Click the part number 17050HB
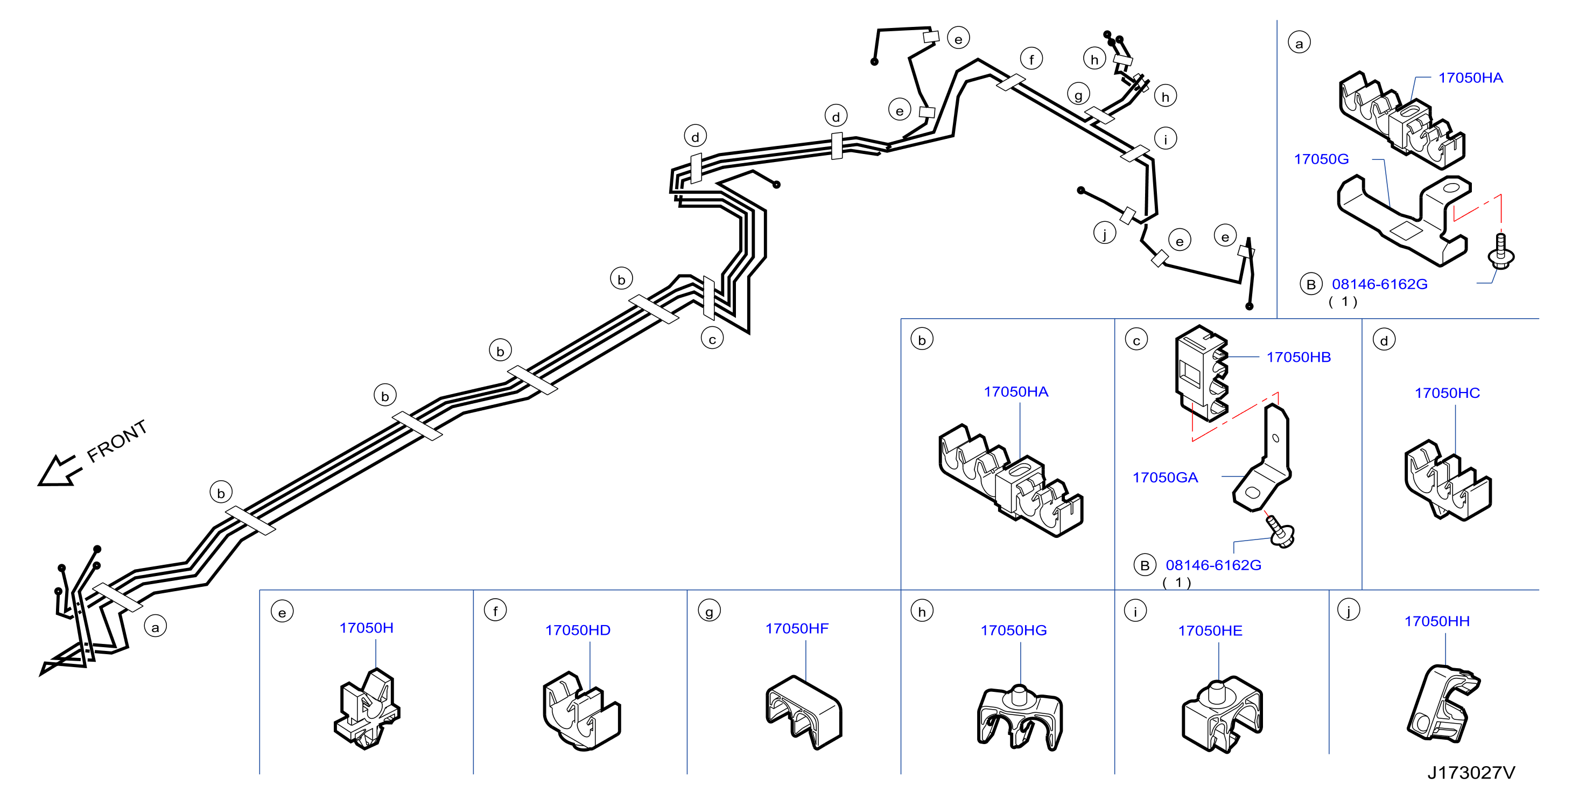point(1299,357)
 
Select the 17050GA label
point(1164,477)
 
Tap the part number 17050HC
point(1447,393)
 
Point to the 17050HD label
point(578,630)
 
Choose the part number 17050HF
point(796,628)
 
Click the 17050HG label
point(1013,630)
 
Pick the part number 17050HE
point(1210,630)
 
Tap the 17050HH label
point(1437,621)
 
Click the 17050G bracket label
point(1321,159)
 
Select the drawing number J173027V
point(1471,772)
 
